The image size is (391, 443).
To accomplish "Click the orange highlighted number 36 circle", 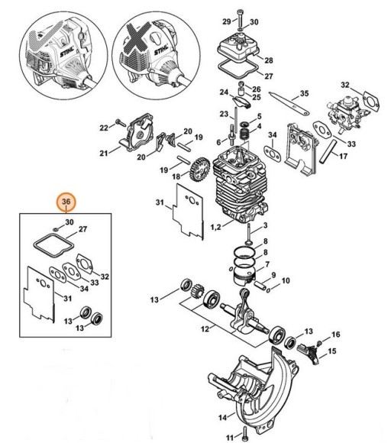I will pos(66,202).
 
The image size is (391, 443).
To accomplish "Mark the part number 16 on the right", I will pos(335,335).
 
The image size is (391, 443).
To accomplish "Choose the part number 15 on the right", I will pos(331,351).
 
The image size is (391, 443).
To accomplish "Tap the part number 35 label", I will pos(304,93).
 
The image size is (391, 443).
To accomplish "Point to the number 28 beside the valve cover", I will pos(267,59).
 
